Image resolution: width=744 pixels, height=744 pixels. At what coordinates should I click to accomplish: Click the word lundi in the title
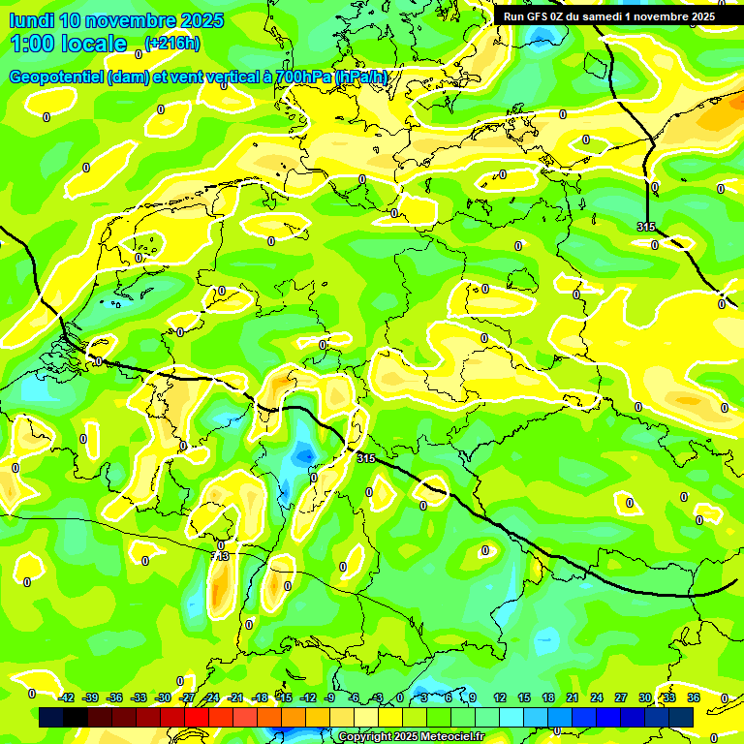pyautogui.click(x=31, y=20)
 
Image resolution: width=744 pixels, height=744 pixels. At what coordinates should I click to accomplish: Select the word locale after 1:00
pyautogui.click(x=93, y=44)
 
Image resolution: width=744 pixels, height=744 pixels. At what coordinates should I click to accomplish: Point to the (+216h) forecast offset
pyautogui.click(x=171, y=43)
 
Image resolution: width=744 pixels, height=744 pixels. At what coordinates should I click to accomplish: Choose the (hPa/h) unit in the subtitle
pyautogui.click(x=361, y=77)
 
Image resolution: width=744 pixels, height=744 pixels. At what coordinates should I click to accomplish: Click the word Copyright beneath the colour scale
pyautogui.click(x=365, y=737)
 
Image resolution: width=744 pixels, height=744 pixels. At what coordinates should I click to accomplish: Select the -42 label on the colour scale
pyautogui.click(x=66, y=697)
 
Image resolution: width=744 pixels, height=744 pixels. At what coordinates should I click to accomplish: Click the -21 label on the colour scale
pyautogui.click(x=235, y=697)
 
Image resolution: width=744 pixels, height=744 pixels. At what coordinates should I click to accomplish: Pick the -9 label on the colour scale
pyautogui.click(x=329, y=697)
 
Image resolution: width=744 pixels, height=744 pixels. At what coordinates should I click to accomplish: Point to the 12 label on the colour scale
pyautogui.click(x=500, y=697)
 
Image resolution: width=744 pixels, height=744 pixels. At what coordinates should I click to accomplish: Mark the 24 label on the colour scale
pyautogui.click(x=597, y=697)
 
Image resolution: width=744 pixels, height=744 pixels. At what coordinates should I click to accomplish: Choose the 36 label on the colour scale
pyautogui.click(x=694, y=697)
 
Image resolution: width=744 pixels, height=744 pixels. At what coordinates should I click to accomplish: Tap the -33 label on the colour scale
pyautogui.click(x=139, y=697)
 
